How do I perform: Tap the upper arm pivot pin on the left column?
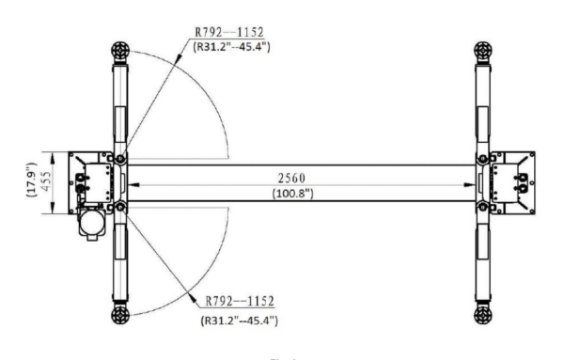point(118,158)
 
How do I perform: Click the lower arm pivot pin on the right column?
point(483,206)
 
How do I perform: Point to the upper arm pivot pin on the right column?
point(483,158)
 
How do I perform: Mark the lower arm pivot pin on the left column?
point(118,206)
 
